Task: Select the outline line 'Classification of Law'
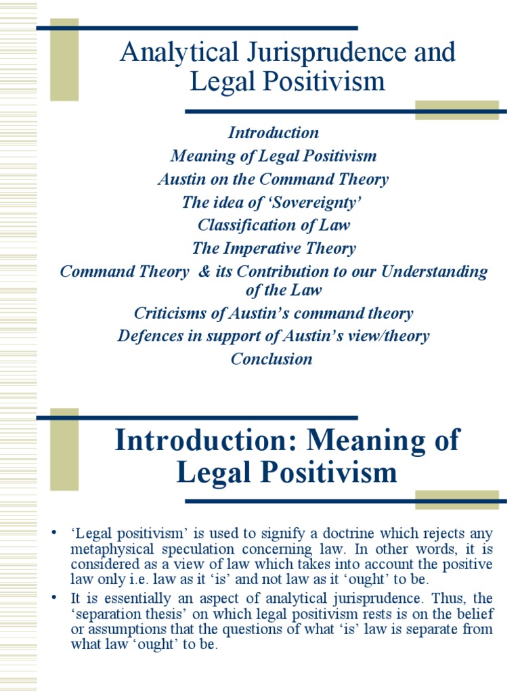274,225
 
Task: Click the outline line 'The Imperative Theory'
274,248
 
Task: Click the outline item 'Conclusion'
272,359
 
